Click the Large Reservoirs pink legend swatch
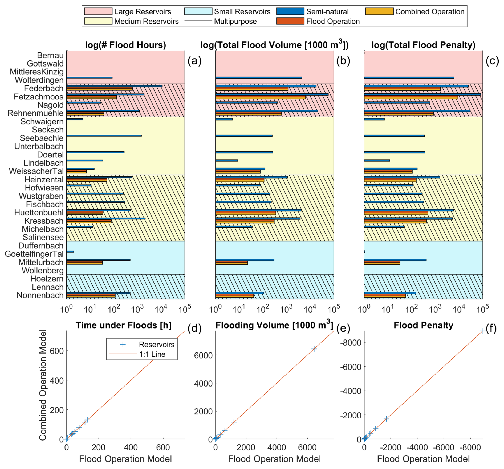98,11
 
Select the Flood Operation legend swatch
290,21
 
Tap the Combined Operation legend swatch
379,11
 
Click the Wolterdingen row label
39,80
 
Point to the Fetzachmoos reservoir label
39,97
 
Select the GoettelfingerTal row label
34,254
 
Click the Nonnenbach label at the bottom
40,295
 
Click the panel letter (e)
343,329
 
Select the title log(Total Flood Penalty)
423,45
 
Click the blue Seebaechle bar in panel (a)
104,136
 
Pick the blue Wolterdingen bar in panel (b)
258,78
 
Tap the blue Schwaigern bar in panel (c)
374,119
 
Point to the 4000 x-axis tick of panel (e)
277,447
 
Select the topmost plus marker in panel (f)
482,331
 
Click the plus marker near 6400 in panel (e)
314,349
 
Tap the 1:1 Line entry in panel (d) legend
152,354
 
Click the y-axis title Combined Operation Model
43,385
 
